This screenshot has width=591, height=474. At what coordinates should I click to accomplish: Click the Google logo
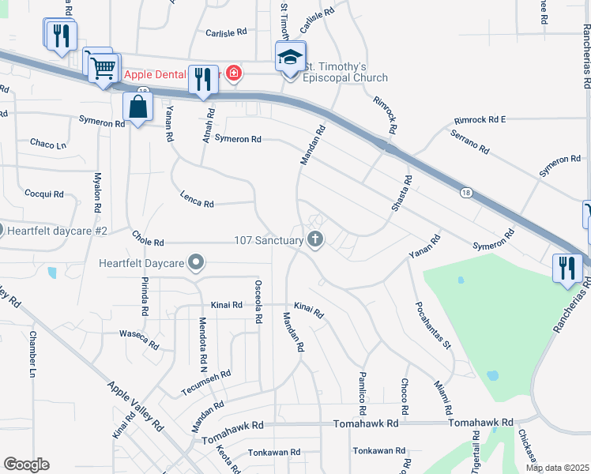(x=26, y=465)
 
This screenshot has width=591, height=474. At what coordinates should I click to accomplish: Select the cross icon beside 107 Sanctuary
(x=316, y=240)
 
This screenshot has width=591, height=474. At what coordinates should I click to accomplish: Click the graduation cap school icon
(x=290, y=57)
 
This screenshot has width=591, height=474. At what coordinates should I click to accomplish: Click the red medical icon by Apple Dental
(x=233, y=74)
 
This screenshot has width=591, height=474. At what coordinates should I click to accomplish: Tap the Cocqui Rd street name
(x=43, y=194)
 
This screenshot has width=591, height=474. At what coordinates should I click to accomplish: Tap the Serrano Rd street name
(x=470, y=142)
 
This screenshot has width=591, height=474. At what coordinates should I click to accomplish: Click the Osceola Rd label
(x=258, y=302)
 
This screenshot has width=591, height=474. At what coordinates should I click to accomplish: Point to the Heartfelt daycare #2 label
(x=56, y=231)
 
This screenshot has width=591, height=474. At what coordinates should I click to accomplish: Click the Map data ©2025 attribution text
(x=558, y=468)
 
